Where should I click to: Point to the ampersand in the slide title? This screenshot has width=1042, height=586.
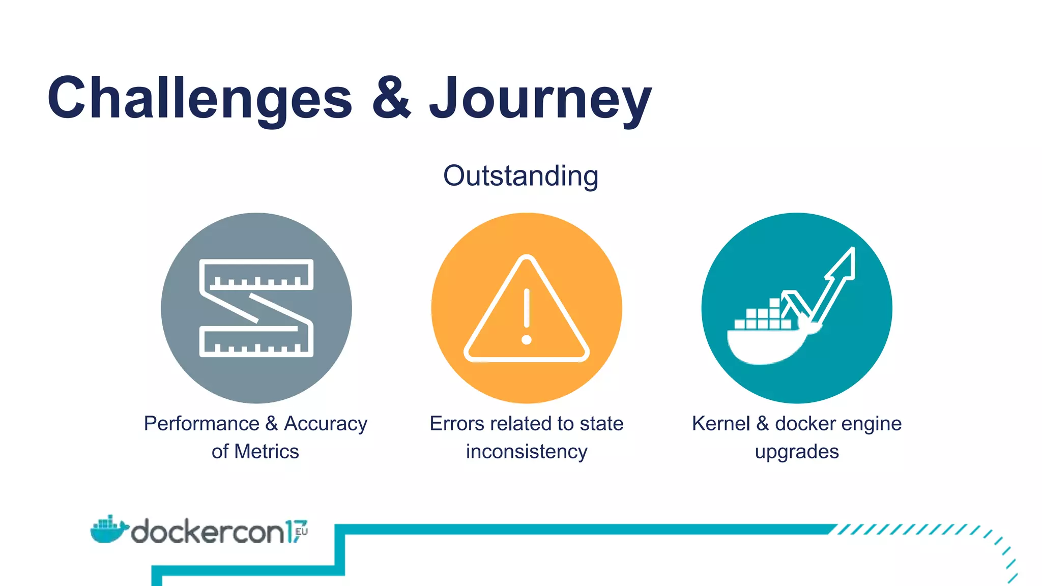tap(391, 97)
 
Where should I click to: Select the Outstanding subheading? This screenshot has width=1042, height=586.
tap(520, 176)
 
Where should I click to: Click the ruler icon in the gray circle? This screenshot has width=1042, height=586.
tap(256, 308)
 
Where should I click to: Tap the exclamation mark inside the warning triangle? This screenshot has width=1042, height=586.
tap(527, 315)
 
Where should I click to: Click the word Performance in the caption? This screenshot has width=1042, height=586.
tap(201, 424)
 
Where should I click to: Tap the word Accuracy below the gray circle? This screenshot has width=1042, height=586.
tap(326, 424)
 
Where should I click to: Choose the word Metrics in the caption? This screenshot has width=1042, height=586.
tap(267, 452)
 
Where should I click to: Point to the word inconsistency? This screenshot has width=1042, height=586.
tap(527, 452)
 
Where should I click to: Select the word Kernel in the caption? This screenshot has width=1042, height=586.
tap(720, 424)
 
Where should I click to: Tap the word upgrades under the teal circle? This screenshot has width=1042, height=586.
tap(797, 452)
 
